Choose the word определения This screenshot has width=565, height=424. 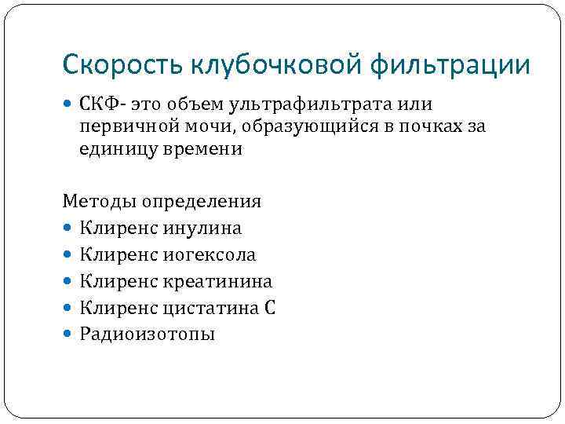[202, 202]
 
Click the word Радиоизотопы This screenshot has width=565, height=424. [147, 334]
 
